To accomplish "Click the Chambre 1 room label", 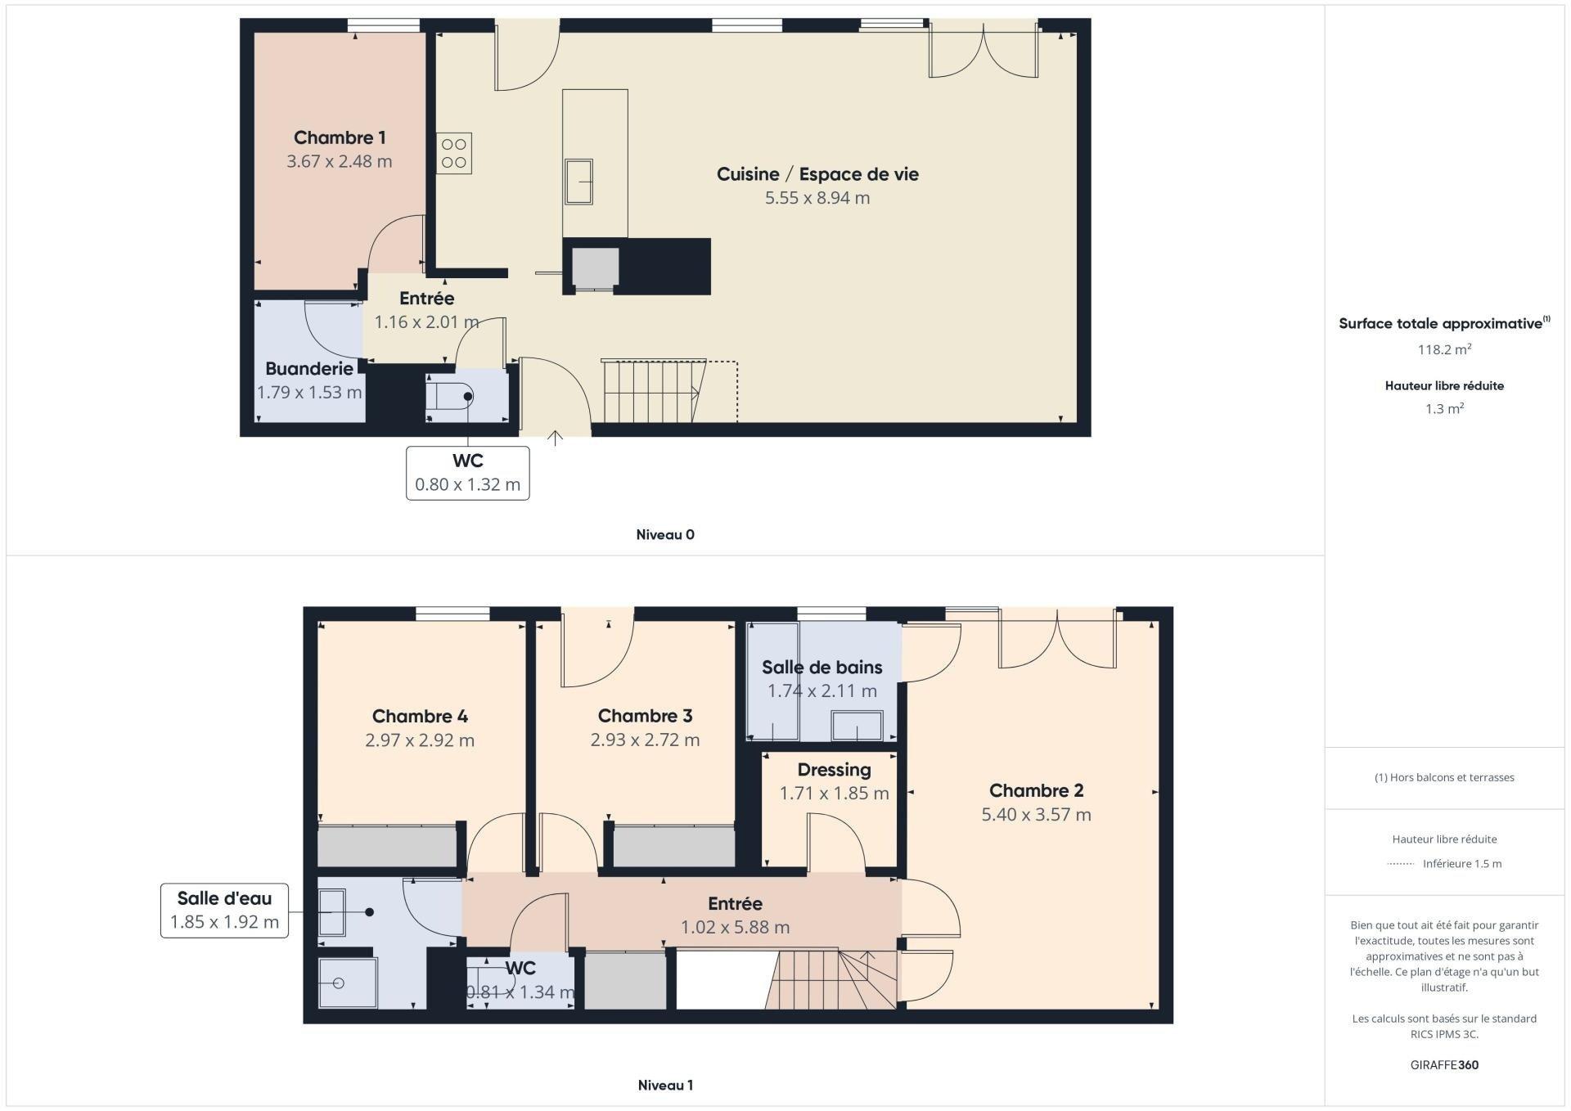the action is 340,137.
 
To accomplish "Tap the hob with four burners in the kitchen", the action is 454,153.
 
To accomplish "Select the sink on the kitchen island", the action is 578,182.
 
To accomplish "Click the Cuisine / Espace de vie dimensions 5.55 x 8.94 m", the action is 817,198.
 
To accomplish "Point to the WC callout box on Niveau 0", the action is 468,473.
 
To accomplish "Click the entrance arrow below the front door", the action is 556,439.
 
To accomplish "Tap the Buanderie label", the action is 309,369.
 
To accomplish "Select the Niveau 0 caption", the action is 665,534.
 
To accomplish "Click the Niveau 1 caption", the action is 665,1085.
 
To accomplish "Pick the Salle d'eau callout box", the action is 224,911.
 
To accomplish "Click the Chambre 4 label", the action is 420,717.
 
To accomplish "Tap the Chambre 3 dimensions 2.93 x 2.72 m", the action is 645,740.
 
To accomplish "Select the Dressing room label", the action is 834,770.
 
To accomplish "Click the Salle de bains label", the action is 822,668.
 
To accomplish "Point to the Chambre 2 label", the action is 1037,790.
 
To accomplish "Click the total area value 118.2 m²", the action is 1445,349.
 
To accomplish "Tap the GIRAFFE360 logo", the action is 1444,1065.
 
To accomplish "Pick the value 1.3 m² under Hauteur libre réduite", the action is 1444,408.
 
